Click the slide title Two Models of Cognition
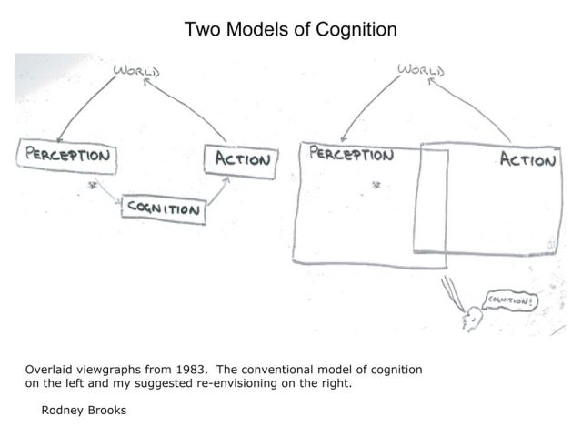click(291, 29)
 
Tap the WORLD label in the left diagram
click(135, 70)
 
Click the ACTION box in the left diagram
click(241, 160)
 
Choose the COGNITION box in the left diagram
click(164, 208)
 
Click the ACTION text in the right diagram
click(527, 161)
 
